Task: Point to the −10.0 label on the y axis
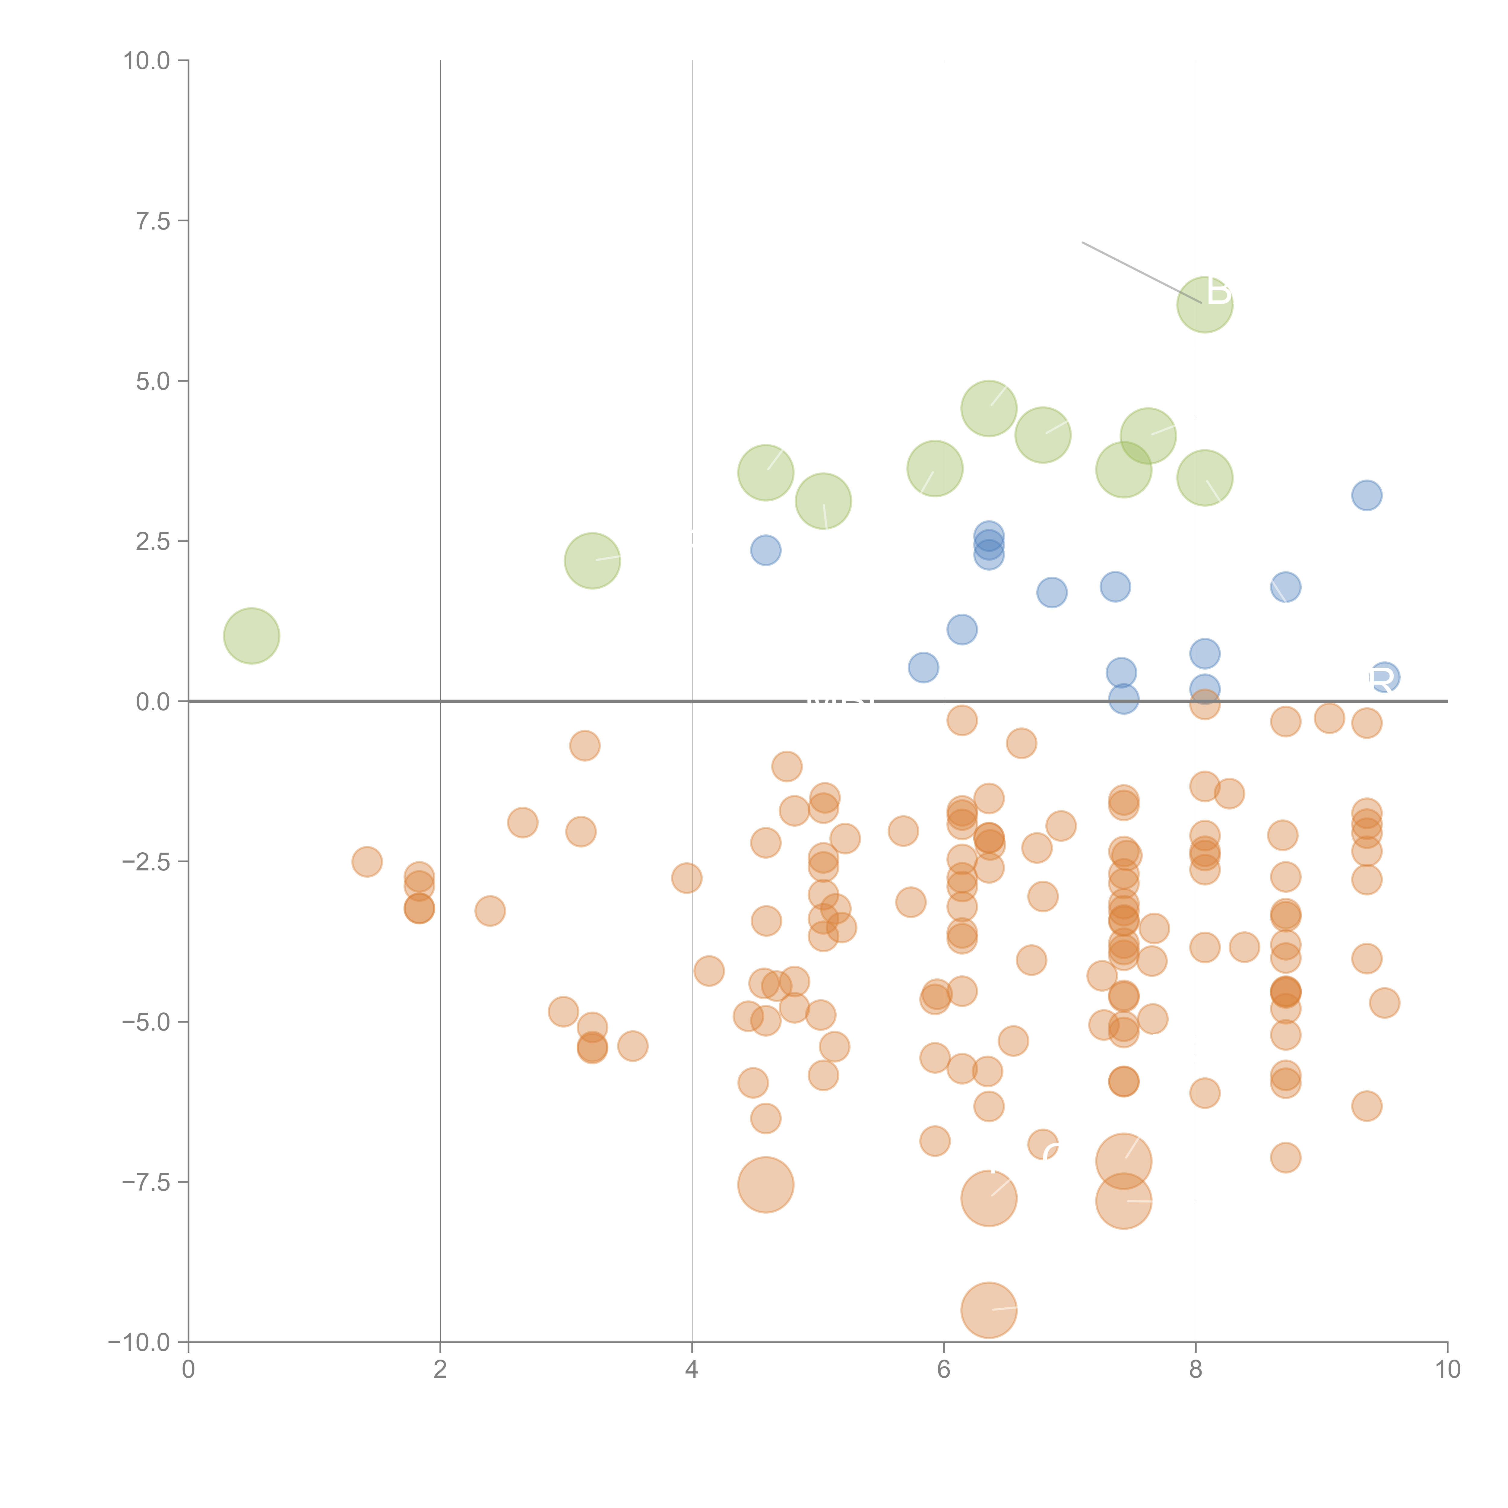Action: click(139, 1342)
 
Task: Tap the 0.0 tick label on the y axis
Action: click(152, 702)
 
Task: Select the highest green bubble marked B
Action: click(1204, 304)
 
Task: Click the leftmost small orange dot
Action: click(367, 862)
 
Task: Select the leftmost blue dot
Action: click(766, 550)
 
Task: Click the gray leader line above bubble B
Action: click(1141, 272)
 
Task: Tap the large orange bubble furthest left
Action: click(766, 1185)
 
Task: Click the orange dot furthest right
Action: click(1384, 1003)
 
